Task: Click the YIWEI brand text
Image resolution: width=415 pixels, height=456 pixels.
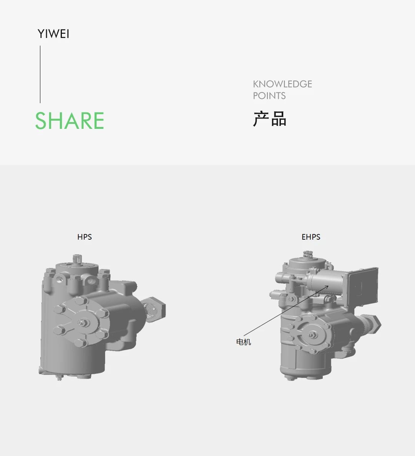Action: tap(53, 34)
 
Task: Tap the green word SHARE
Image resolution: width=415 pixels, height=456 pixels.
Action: tap(70, 120)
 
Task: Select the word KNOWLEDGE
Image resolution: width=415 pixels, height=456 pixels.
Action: tap(282, 84)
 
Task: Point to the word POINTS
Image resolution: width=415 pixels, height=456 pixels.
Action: tap(269, 95)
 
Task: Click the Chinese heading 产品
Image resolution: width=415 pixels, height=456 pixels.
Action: tap(270, 119)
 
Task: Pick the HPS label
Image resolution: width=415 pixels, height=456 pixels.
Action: tap(85, 237)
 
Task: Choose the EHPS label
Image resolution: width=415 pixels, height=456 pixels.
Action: tap(311, 237)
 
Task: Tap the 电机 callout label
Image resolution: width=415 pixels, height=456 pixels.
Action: tap(243, 342)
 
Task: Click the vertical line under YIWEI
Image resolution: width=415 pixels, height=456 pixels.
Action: tap(40, 74)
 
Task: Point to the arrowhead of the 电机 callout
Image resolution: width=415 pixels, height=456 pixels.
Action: tap(327, 287)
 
